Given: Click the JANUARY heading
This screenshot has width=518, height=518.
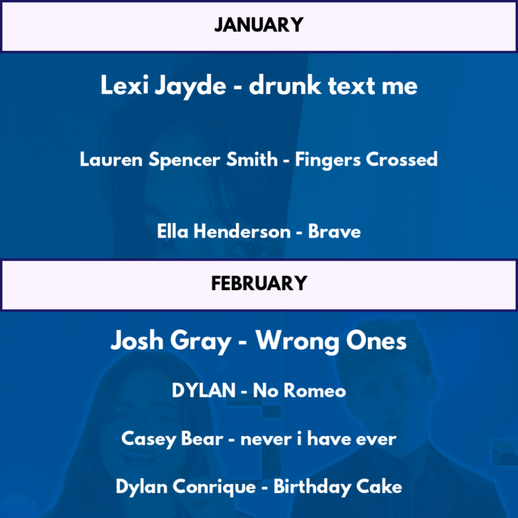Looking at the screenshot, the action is [x=259, y=25].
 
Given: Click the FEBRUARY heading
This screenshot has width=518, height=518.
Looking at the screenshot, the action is [x=259, y=283].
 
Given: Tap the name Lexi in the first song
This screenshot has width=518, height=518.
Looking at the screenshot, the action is [x=124, y=85].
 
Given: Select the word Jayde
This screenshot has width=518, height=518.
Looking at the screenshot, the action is [x=191, y=87].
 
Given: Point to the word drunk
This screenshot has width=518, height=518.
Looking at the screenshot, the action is [x=285, y=85].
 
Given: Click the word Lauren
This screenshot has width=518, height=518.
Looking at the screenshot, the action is [x=111, y=159].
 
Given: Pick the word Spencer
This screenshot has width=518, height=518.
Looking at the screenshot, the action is [x=184, y=161].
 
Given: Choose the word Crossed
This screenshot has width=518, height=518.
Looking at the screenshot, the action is [x=402, y=159].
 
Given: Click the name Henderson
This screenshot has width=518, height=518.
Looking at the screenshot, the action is [x=242, y=231].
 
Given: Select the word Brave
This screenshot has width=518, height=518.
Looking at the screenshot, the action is [x=334, y=231].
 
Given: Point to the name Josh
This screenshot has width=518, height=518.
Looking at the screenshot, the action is [x=137, y=340].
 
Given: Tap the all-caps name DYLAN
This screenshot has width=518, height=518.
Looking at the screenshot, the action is [x=203, y=390].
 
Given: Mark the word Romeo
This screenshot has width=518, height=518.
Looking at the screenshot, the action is [x=314, y=390].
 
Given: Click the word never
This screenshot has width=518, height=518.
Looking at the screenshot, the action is [x=266, y=440].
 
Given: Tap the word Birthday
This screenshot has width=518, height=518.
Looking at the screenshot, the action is [x=312, y=487].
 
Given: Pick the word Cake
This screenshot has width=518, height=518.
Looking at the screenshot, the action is [x=379, y=487].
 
